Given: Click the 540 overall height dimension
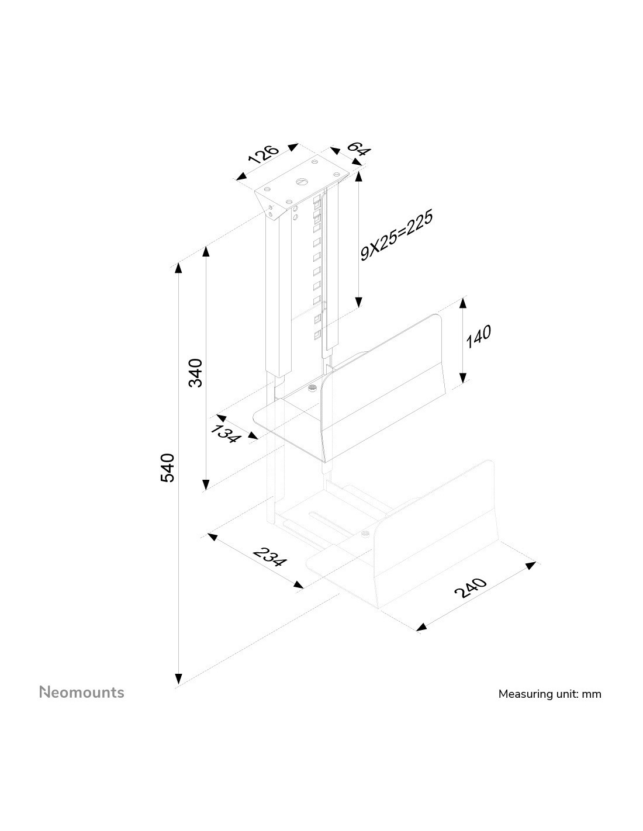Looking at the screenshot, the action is tap(167, 468).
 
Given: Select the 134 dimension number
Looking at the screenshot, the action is tap(226, 434).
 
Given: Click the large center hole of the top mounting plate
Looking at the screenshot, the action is tap(302, 182).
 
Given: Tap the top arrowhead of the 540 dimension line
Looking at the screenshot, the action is tap(178, 268).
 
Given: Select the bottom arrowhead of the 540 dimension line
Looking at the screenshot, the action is tap(178, 679).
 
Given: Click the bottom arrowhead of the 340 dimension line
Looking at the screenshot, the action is tap(206, 484).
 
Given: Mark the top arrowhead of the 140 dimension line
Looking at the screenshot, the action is tap(463, 303).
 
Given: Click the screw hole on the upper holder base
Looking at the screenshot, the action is tap(312, 388).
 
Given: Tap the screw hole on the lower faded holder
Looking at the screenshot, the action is tap(365, 533).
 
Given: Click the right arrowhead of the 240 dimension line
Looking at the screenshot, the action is tap(531, 565).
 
